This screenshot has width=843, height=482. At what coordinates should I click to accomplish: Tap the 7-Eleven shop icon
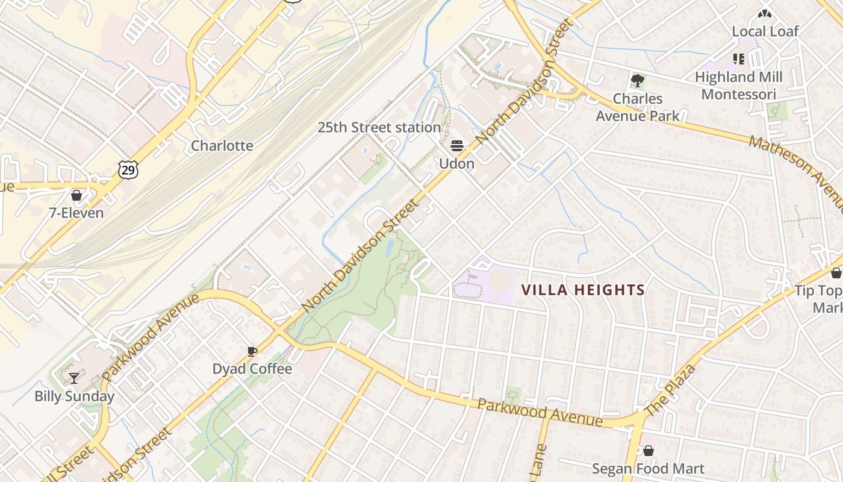76,195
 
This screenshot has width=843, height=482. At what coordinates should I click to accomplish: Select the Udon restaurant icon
456,146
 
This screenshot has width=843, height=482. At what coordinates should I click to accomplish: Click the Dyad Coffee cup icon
252,351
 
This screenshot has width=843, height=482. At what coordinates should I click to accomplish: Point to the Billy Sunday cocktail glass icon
74,378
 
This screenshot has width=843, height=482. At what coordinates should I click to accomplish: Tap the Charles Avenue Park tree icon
637,80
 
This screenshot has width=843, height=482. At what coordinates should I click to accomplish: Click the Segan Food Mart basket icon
649,451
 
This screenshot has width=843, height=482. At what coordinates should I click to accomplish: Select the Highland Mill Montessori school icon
739,59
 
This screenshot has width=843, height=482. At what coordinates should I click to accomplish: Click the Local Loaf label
765,31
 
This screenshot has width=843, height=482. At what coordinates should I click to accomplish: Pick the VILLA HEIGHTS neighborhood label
583,290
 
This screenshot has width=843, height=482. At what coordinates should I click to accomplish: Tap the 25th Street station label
379,128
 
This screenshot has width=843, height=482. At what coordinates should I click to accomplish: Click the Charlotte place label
222,146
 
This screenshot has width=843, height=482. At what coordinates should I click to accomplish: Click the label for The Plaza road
670,390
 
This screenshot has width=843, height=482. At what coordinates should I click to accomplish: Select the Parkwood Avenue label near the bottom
540,412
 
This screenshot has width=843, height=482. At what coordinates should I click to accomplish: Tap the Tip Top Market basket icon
836,273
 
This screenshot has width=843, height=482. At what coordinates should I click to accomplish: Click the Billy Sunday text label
74,396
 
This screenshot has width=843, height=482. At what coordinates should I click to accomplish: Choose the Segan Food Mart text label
648,469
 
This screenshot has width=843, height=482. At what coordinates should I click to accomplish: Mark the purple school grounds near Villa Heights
484,283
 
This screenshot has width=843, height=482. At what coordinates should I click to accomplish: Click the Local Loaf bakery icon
765,13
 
